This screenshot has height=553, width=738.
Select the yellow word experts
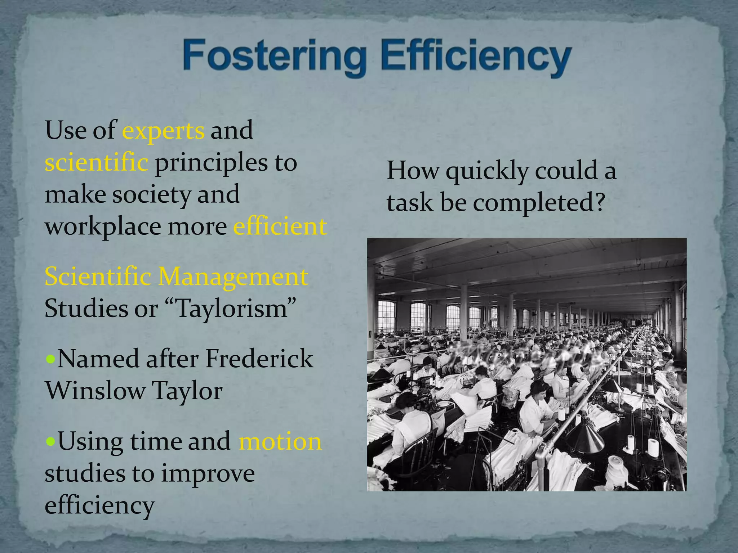click(x=163, y=131)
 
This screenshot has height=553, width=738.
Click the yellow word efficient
click(x=280, y=227)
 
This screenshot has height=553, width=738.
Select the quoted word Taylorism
click(x=232, y=309)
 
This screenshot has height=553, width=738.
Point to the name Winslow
click(x=95, y=391)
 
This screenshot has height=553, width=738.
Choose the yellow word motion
click(x=280, y=441)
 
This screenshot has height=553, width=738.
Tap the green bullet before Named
click(x=51, y=359)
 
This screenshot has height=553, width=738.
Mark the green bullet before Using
click(x=51, y=441)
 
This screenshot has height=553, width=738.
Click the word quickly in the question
click(x=487, y=171)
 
